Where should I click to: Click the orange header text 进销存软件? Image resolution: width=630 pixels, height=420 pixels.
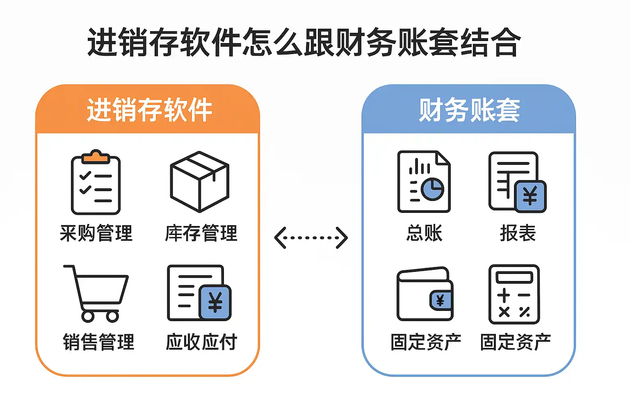(149, 110)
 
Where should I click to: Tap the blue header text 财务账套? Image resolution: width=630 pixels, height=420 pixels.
(469, 110)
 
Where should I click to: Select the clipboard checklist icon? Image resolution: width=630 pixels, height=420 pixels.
(96, 183)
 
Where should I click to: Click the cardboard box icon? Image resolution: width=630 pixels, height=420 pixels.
(199, 181)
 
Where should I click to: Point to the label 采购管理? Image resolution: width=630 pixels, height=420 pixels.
(96, 233)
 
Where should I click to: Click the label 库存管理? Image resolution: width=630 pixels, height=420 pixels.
(201, 233)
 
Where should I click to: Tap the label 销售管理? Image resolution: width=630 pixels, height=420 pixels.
(98, 342)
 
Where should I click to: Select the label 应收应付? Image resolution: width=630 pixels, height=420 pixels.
(201, 342)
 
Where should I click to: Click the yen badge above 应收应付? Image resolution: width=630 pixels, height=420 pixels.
(215, 302)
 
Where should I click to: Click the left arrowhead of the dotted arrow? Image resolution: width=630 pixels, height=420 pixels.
(280, 237)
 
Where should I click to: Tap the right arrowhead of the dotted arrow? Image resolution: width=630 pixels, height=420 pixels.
(342, 237)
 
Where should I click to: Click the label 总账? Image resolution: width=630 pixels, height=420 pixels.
(424, 233)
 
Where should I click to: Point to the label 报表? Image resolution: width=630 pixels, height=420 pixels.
(518, 233)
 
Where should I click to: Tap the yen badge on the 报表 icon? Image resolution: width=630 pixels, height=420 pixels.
(530, 196)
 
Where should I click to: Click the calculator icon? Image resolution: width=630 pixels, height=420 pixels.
(514, 294)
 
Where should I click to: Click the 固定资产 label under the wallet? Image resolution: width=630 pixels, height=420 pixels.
(426, 342)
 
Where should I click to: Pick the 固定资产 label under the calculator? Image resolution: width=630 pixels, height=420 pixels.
(515, 342)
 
